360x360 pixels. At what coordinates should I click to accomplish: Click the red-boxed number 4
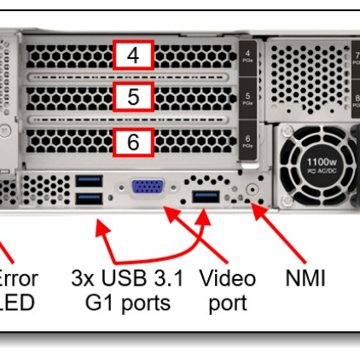[133, 55]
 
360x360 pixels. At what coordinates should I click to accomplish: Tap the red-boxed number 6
[133, 142]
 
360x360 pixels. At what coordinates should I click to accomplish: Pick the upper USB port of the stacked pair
[88, 181]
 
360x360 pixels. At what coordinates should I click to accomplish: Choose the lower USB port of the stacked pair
[88, 199]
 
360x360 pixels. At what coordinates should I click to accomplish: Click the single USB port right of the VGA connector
[206, 198]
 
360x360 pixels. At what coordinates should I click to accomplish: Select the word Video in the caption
[226, 279]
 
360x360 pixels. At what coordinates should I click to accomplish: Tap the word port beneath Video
[226, 304]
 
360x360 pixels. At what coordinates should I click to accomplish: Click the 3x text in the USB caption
[88, 279]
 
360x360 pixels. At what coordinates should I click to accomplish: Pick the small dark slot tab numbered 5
[247, 97]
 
